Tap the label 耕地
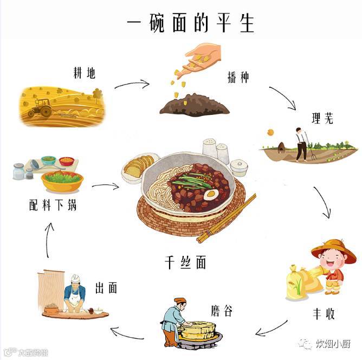85,72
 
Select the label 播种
238,77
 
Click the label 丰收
324,314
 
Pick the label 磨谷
222,311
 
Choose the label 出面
106,287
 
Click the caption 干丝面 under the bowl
185,262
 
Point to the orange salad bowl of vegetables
62,181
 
